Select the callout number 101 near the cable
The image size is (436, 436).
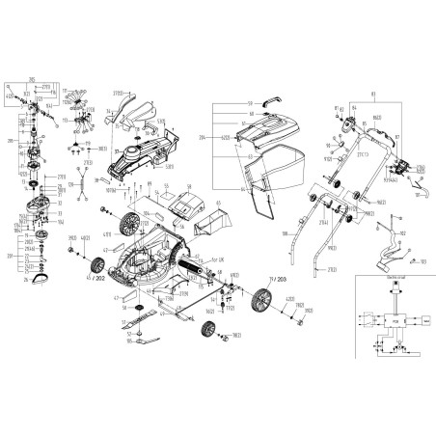[423, 261]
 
